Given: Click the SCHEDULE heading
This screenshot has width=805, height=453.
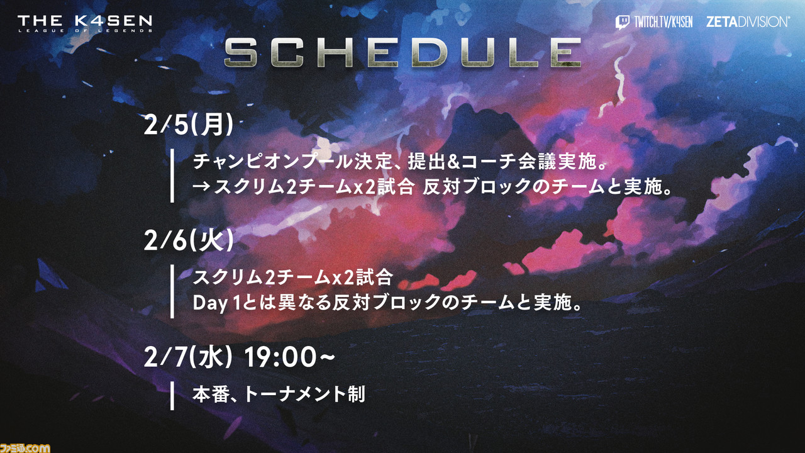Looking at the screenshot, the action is coord(402,53).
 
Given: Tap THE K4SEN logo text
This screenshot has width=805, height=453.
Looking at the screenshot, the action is coord(85,21).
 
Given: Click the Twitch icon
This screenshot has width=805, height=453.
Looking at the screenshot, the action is coord(622,22).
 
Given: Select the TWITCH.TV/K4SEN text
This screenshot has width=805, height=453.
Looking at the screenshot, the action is coord(663,22).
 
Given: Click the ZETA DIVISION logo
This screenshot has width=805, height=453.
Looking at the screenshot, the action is coord(748,22).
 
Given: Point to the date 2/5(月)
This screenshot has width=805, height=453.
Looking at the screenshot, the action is coord(189,125).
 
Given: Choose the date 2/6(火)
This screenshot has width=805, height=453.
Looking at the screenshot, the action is coord(189,240).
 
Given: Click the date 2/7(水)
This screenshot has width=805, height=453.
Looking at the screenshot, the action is coord(188,357).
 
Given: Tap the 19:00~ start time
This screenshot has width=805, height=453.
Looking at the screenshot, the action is coord(289,357).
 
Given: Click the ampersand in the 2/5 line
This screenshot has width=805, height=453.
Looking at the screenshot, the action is coord(453,162).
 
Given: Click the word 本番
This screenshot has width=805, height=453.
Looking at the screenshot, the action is coord(211,394).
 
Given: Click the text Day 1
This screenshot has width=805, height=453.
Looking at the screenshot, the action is coord(216,303).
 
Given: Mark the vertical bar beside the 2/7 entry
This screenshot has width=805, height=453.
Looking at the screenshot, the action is coord(172,396).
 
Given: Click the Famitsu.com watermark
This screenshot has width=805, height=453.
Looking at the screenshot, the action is coord(25,448).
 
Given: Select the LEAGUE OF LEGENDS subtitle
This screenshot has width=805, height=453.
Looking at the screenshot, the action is coord(85,31).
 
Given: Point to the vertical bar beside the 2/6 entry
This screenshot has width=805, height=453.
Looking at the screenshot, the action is coord(172,291).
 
